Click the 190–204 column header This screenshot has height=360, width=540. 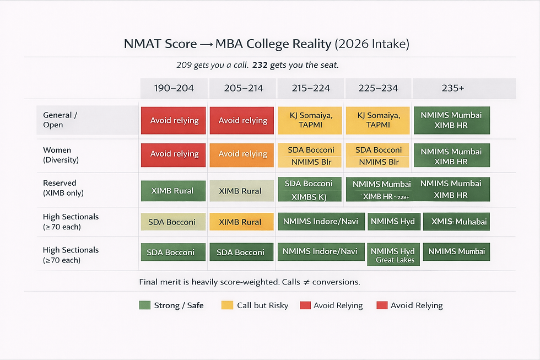pos(174,89)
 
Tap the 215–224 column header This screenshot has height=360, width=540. pos(311,89)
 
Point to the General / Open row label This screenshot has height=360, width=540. pos(61,120)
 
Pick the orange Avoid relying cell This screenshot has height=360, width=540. pos(242,154)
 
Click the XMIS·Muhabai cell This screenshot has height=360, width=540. pos(456,222)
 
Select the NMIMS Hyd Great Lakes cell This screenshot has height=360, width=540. pos(395,255)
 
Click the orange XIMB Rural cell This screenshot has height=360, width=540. pos(240,222)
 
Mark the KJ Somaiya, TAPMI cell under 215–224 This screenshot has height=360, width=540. pos(310,120)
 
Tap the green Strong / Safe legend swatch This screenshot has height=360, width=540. pos(144,305)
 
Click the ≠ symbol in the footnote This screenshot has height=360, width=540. pos(304,282)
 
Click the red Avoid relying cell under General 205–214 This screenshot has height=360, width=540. pos(242,120)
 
